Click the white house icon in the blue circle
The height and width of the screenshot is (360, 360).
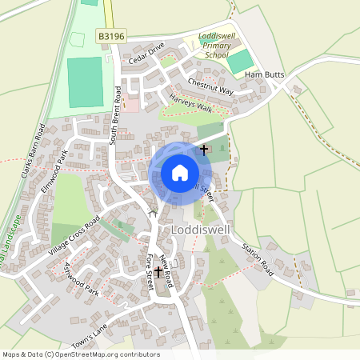coord(180,172)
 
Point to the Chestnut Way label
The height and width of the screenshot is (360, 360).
coord(210,86)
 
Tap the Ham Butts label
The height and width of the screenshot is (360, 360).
coord(265,74)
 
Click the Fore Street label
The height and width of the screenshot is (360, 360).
coord(149,272)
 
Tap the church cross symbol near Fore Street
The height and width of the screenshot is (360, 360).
coord(158,272)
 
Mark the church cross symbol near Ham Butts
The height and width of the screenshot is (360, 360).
coord(203,148)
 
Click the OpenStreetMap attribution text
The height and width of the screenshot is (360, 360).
coord(81,354)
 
